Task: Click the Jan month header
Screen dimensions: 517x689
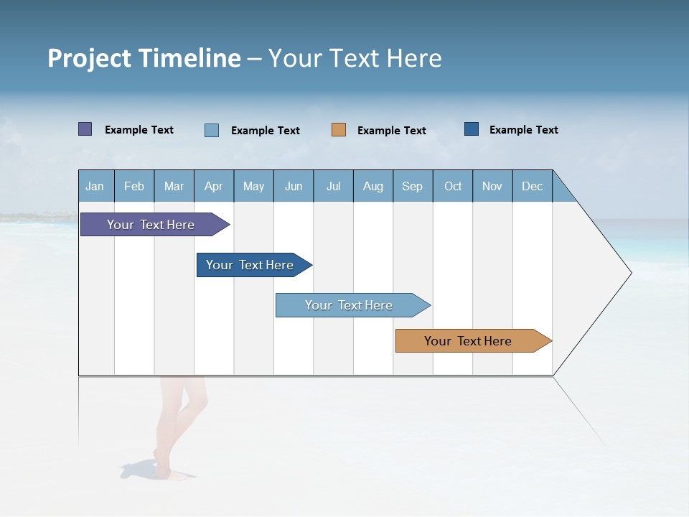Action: (x=95, y=186)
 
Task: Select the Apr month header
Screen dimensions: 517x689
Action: (x=213, y=186)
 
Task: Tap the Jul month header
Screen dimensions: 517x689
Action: (x=333, y=186)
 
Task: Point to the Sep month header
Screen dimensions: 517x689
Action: (x=412, y=186)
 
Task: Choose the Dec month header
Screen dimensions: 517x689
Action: (x=532, y=186)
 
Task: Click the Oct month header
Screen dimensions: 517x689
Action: (x=452, y=186)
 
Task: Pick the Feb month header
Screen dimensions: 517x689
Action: (x=134, y=186)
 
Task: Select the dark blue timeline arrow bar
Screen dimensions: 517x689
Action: (x=251, y=265)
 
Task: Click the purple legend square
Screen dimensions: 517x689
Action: (x=85, y=129)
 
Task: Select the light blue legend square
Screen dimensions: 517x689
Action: (x=212, y=130)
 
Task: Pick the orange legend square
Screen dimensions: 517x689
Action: (x=339, y=130)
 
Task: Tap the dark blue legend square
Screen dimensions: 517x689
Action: (x=472, y=129)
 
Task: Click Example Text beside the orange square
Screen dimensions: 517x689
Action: (x=391, y=131)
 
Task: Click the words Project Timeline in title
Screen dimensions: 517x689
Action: (x=144, y=58)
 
